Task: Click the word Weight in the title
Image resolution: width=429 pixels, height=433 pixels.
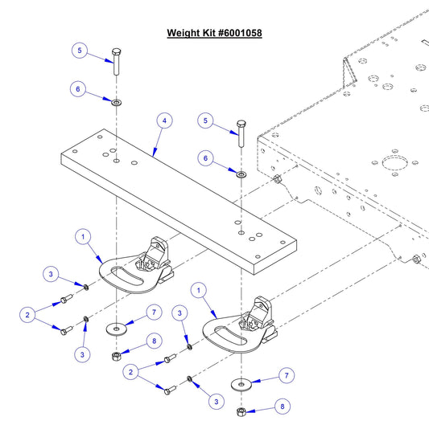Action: tap(183, 34)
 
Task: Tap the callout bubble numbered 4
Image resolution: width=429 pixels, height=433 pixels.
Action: tap(163, 121)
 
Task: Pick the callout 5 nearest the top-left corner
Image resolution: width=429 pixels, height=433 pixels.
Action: tap(78, 49)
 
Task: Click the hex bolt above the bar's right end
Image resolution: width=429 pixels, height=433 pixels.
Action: tap(241, 133)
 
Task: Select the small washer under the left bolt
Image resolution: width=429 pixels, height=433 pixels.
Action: tap(117, 102)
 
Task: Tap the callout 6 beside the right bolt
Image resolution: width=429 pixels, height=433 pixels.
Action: tap(206, 160)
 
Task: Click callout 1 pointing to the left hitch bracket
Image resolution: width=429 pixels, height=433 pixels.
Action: tap(81, 236)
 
